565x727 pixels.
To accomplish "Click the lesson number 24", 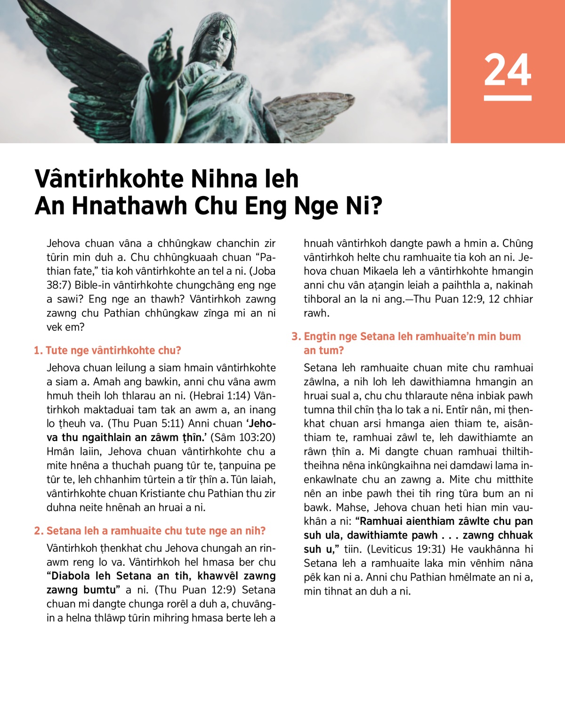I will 508,70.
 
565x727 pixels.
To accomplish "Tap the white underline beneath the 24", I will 508,98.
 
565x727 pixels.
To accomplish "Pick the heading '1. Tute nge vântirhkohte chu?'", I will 107,351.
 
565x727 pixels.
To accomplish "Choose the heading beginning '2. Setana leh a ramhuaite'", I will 150,531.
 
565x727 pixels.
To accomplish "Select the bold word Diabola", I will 72,576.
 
